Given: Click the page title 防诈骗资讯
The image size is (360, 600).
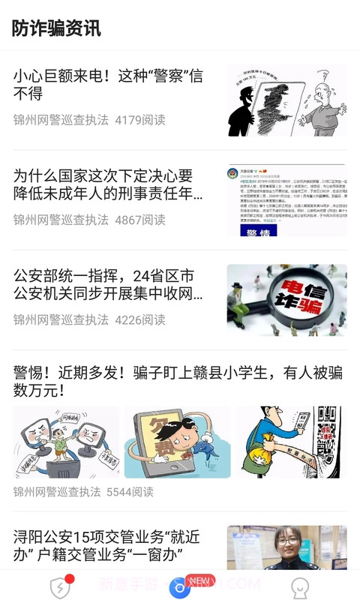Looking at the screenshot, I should [56, 28].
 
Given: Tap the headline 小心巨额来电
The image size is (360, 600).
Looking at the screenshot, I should [108, 85].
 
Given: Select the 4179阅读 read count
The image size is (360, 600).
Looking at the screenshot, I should [140, 120].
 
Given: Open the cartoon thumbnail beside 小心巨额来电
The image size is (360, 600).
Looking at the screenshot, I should [286, 100].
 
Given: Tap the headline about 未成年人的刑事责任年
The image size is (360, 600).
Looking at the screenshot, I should [103, 184].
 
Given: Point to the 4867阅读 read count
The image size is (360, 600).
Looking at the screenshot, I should [140, 220].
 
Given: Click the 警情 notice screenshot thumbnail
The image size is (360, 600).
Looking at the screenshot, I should [286, 200].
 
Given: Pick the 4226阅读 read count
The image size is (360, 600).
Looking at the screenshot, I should [140, 319].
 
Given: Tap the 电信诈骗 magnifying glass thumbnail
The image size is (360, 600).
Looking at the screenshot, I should [286, 300].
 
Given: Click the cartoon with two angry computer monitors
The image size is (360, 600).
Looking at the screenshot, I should [66, 442].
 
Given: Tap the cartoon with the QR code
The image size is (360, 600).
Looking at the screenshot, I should [289, 442].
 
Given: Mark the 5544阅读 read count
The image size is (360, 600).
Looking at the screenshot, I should [130, 492].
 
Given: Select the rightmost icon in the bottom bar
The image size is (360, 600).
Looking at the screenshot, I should [300, 587].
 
